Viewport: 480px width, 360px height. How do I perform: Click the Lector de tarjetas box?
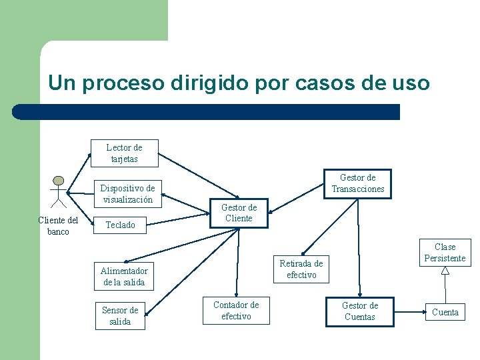pos(124,153)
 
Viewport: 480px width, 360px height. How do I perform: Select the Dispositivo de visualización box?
pos(127,193)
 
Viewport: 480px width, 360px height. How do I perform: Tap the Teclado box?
pos(120,225)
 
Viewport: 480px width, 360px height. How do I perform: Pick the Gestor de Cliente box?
pos(239,213)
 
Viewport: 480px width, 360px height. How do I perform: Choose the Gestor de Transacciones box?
pos(358,183)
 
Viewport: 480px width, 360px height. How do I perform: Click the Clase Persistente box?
pos(445,253)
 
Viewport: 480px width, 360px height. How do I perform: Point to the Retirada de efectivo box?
pos(301,269)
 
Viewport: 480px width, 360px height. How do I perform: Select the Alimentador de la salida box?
pos(124,276)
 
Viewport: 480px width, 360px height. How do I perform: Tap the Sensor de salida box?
pos(120,315)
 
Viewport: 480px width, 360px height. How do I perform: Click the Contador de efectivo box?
pos(236,311)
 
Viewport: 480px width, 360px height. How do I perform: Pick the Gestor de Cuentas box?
pos(359,311)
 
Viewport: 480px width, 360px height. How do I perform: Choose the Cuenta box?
pos(445,312)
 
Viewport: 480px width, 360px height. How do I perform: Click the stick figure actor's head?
pos(59,181)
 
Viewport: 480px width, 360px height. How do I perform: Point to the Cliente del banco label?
pos(58,226)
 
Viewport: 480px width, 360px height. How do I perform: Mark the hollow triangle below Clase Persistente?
pos(445,271)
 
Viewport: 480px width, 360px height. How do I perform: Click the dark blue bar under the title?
pos(207,111)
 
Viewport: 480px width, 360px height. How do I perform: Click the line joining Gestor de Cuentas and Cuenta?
pos(410,311)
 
